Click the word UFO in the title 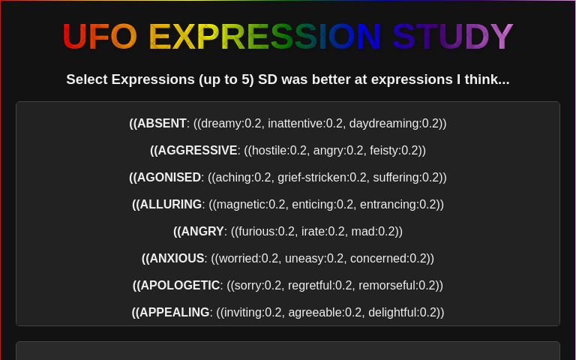pyautogui.click(x=99, y=37)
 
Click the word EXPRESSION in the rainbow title pyautogui.click(x=265, y=37)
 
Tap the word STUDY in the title pyautogui.click(x=452, y=37)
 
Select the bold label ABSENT pyautogui.click(x=161, y=124)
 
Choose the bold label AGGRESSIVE pyautogui.click(x=196, y=151)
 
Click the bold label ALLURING pyautogui.click(x=170, y=205)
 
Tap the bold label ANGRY pyautogui.click(x=202, y=232)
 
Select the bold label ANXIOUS pyautogui.click(x=176, y=259)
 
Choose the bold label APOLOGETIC pyautogui.click(x=179, y=286)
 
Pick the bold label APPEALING pyautogui.click(x=174, y=313)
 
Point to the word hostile pyautogui.click(x=269, y=151)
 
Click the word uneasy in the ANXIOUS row pyautogui.click(x=305, y=259)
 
